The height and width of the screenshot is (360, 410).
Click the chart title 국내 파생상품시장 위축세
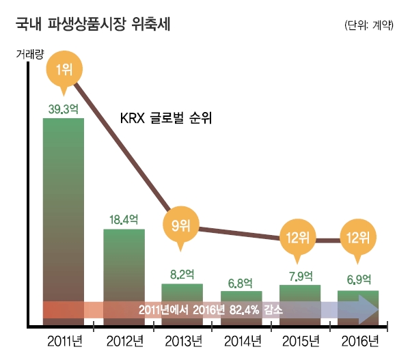[x=94, y=25]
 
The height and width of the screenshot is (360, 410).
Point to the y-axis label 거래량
[x=30, y=56]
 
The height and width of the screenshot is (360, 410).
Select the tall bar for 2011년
[x=64, y=205]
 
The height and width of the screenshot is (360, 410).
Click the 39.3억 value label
[x=64, y=109]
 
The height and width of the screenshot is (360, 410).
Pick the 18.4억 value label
[x=124, y=219]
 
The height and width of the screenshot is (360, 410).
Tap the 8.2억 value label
[x=182, y=274]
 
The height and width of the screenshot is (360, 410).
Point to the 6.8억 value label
[x=241, y=282]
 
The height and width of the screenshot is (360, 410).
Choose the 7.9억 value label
[x=300, y=276]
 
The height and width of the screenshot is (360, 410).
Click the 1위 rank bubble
[x=64, y=68]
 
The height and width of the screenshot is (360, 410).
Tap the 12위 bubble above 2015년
[x=299, y=238]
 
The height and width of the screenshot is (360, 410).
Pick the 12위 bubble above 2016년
[x=358, y=238]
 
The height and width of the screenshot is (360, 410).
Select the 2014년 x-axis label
[x=241, y=341]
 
